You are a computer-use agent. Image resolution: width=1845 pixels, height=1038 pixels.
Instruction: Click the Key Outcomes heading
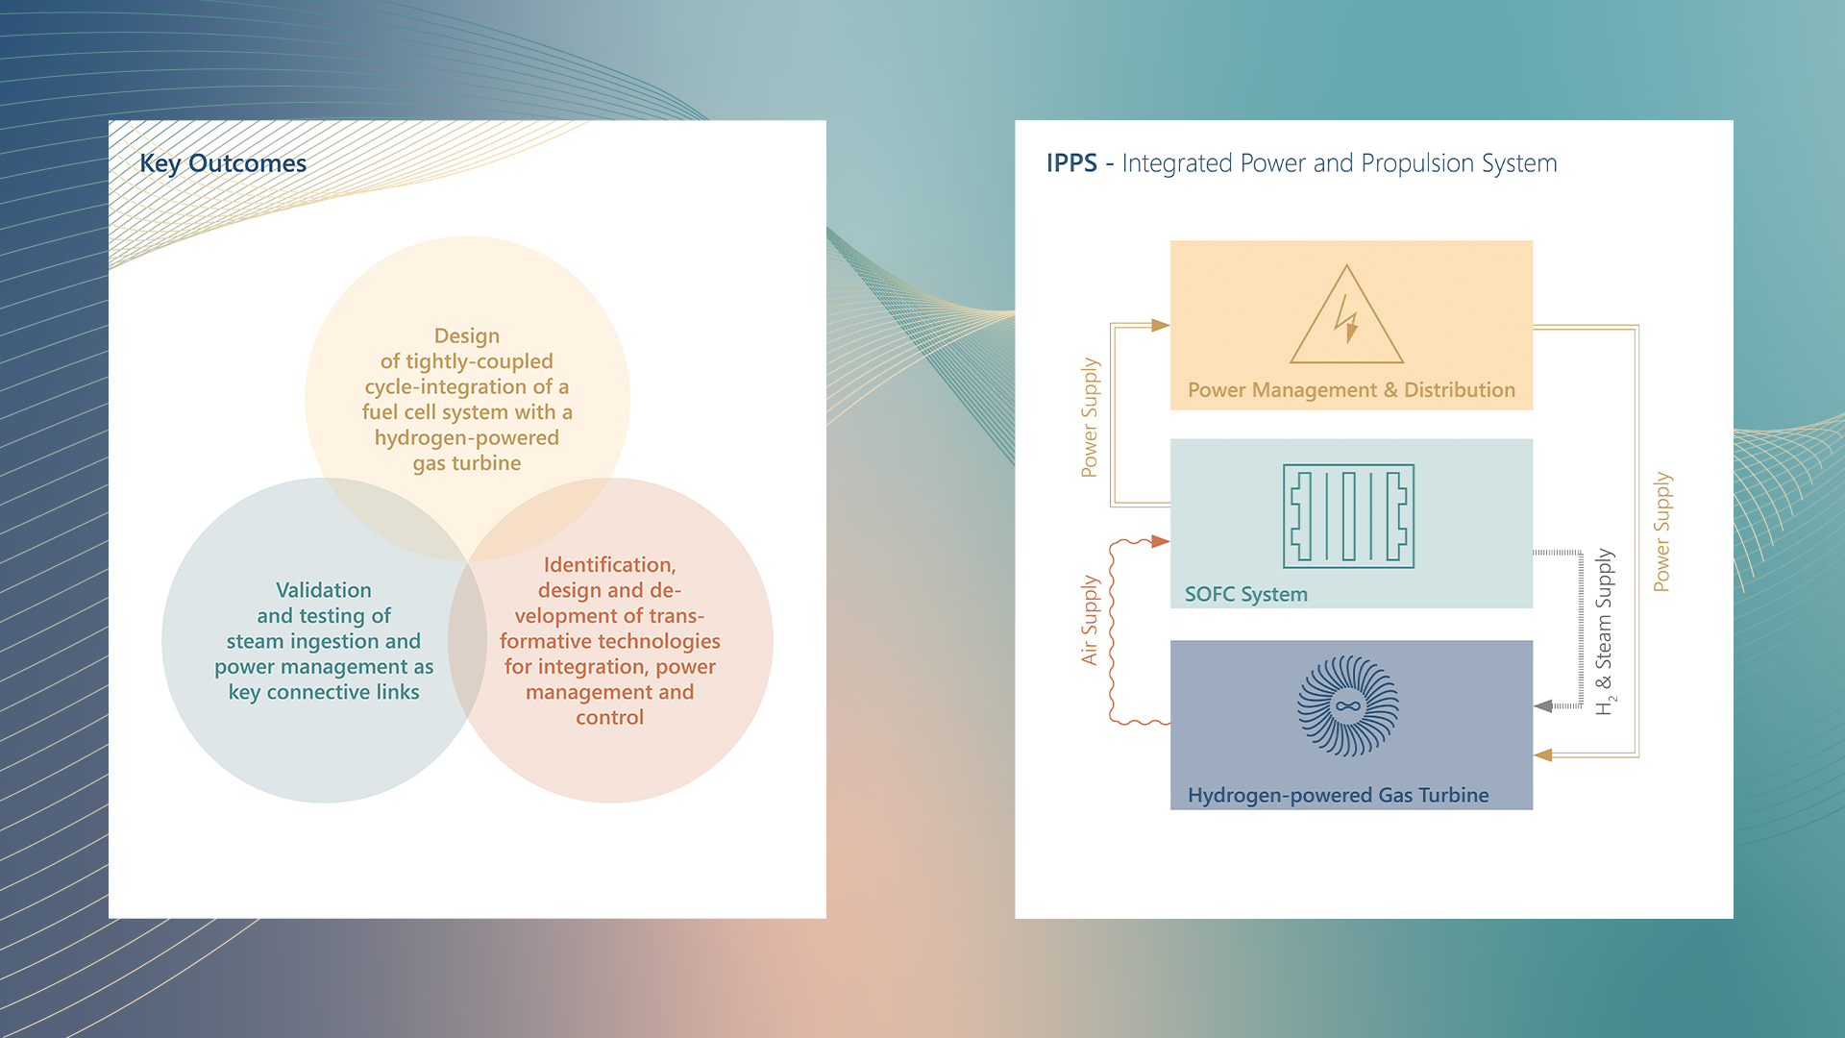tap(223, 163)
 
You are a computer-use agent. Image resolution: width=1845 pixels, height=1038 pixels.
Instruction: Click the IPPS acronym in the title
tap(1071, 163)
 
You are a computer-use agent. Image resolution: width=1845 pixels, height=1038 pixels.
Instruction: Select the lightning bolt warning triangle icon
tap(1346, 317)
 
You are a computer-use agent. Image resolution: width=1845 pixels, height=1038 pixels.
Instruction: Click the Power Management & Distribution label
tap(1351, 390)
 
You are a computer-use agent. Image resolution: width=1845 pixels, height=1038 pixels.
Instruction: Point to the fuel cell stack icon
tap(1348, 516)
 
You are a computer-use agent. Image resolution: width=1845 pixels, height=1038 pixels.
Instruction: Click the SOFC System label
tap(1245, 594)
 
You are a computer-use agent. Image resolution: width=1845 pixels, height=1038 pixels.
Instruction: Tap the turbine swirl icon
tap(1347, 706)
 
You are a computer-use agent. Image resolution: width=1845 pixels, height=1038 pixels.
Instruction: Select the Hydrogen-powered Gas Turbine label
tap(1338, 795)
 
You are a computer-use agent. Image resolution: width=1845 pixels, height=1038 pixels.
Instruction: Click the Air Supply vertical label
tap(1089, 620)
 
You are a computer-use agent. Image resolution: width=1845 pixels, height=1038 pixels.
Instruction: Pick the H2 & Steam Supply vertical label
tap(1605, 631)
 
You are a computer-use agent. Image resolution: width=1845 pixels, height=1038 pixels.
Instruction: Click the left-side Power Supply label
tap(1089, 417)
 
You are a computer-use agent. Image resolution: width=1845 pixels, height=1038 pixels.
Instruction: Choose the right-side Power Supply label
tap(1661, 531)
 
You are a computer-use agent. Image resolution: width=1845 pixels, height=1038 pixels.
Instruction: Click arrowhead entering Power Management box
tap(1160, 326)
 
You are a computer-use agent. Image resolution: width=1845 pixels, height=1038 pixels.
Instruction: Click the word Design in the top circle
tap(467, 336)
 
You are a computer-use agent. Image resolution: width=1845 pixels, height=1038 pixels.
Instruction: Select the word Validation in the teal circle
tap(324, 590)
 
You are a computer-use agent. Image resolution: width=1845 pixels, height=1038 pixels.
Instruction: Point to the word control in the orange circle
tap(609, 718)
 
